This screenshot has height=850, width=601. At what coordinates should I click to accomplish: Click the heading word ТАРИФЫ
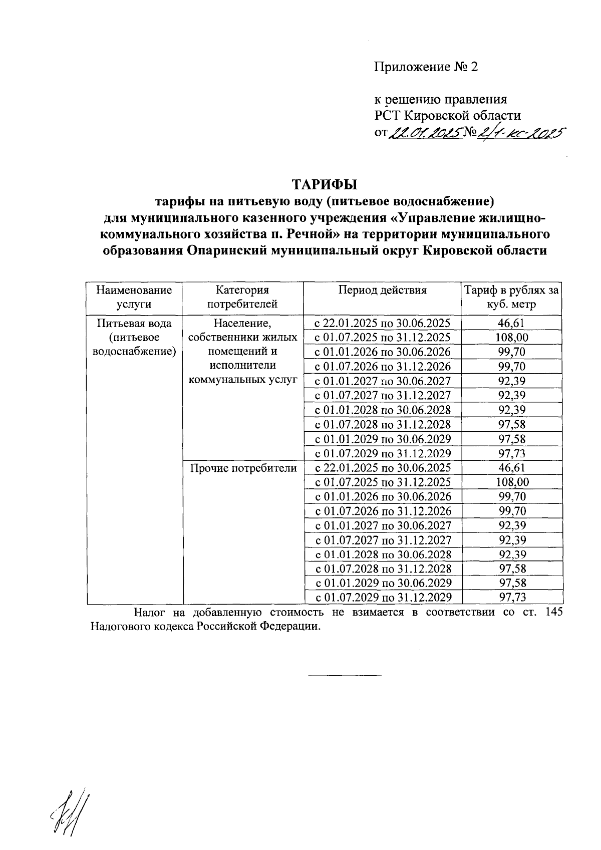325,185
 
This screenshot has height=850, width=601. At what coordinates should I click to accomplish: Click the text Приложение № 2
426,67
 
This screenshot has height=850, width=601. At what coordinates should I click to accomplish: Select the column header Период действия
382,290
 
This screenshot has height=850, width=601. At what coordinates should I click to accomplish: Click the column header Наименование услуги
134,297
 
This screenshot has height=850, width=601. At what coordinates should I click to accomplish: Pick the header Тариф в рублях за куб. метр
511,297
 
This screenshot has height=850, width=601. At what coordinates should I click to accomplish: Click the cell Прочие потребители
243,468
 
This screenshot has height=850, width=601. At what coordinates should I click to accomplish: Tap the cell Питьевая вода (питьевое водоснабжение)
134,337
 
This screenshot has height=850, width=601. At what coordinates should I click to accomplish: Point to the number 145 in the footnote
552,612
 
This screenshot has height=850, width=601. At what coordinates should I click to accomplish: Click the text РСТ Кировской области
448,116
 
